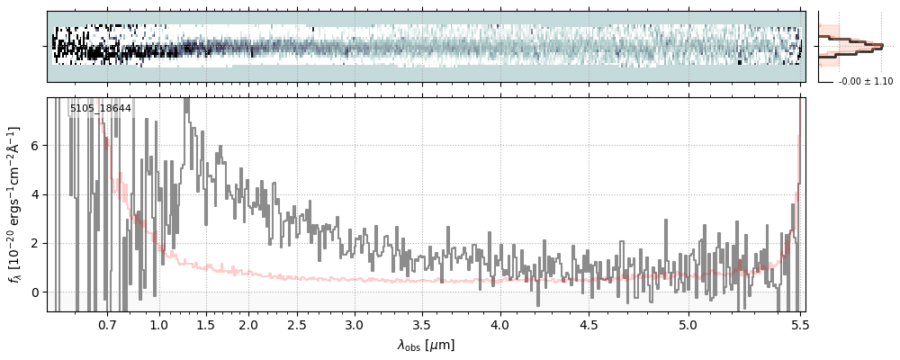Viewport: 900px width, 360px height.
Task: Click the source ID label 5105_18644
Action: point(101,109)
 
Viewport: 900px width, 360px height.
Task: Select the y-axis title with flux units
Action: point(15,205)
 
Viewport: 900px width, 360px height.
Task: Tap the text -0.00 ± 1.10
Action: point(865,82)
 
